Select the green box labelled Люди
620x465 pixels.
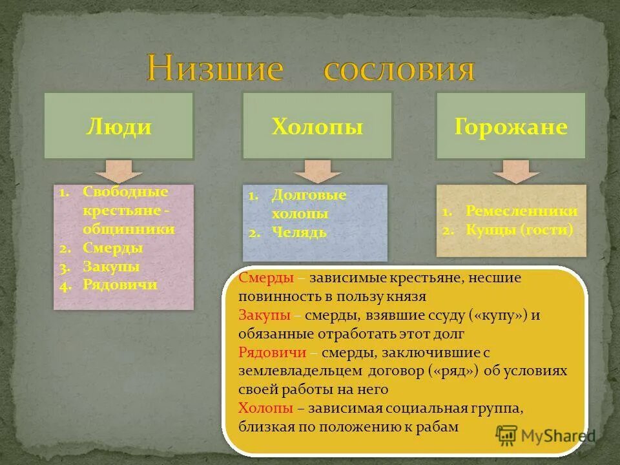click(x=119, y=126)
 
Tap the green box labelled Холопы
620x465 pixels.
click(x=317, y=126)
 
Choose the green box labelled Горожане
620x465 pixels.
click(x=511, y=126)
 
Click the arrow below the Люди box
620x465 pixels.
click(x=119, y=170)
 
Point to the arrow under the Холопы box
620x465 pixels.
click(x=317, y=170)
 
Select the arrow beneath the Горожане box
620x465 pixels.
click(x=516, y=170)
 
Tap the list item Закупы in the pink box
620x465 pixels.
click(x=111, y=266)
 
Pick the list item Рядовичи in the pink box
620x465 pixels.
click(x=120, y=284)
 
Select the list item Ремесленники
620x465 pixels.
click(x=521, y=211)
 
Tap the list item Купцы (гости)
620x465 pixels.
click(x=519, y=229)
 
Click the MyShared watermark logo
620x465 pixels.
click(x=546, y=435)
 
